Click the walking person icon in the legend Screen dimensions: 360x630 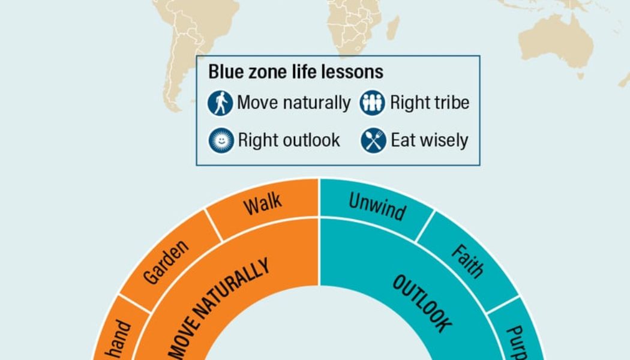(220, 103)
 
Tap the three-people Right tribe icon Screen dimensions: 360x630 (372, 103)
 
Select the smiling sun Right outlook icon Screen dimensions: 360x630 (220, 141)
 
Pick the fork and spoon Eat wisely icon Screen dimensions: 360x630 (373, 141)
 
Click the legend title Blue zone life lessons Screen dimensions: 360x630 (296, 72)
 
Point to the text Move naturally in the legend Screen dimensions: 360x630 (293, 103)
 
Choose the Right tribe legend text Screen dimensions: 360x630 (430, 103)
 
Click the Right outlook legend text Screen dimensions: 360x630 (289, 141)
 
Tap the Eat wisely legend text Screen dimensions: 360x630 (429, 141)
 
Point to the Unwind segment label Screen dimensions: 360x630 (377, 206)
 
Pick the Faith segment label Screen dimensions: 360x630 (467, 260)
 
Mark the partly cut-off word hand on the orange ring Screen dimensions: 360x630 (119, 340)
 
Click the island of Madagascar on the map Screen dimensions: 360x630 (393, 27)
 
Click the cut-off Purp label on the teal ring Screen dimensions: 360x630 (517, 342)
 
